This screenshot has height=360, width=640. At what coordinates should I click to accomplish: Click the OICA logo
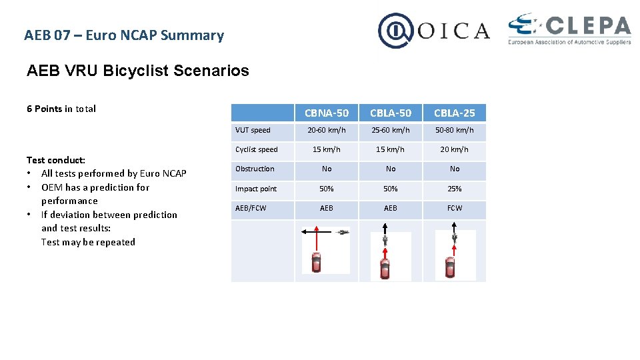434,31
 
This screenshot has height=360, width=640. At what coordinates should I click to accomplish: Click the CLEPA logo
569,30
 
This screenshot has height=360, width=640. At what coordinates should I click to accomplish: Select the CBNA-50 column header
327,113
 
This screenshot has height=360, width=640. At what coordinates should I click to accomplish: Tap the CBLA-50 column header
391,113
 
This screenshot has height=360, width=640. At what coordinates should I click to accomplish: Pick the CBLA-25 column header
455,113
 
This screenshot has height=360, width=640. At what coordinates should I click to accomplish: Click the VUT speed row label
253,130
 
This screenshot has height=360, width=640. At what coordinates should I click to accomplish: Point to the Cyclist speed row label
257,149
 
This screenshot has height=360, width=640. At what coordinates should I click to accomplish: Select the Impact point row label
256,189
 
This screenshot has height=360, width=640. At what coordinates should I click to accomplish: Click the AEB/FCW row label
251,208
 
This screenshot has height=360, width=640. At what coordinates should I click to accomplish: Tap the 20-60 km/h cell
327,130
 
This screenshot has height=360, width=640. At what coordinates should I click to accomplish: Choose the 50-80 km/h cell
455,130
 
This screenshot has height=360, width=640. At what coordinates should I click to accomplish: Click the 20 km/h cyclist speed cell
455,149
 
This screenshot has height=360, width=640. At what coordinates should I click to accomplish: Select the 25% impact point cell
455,189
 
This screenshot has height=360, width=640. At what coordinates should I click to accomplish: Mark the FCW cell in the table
455,208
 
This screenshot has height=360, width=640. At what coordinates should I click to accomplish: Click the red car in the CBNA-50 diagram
317,261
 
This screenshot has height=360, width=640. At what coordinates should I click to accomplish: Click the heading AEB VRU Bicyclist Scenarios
138,71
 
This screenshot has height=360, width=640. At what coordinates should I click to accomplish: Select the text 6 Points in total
61,109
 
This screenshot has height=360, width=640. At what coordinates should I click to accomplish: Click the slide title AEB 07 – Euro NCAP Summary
124,35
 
